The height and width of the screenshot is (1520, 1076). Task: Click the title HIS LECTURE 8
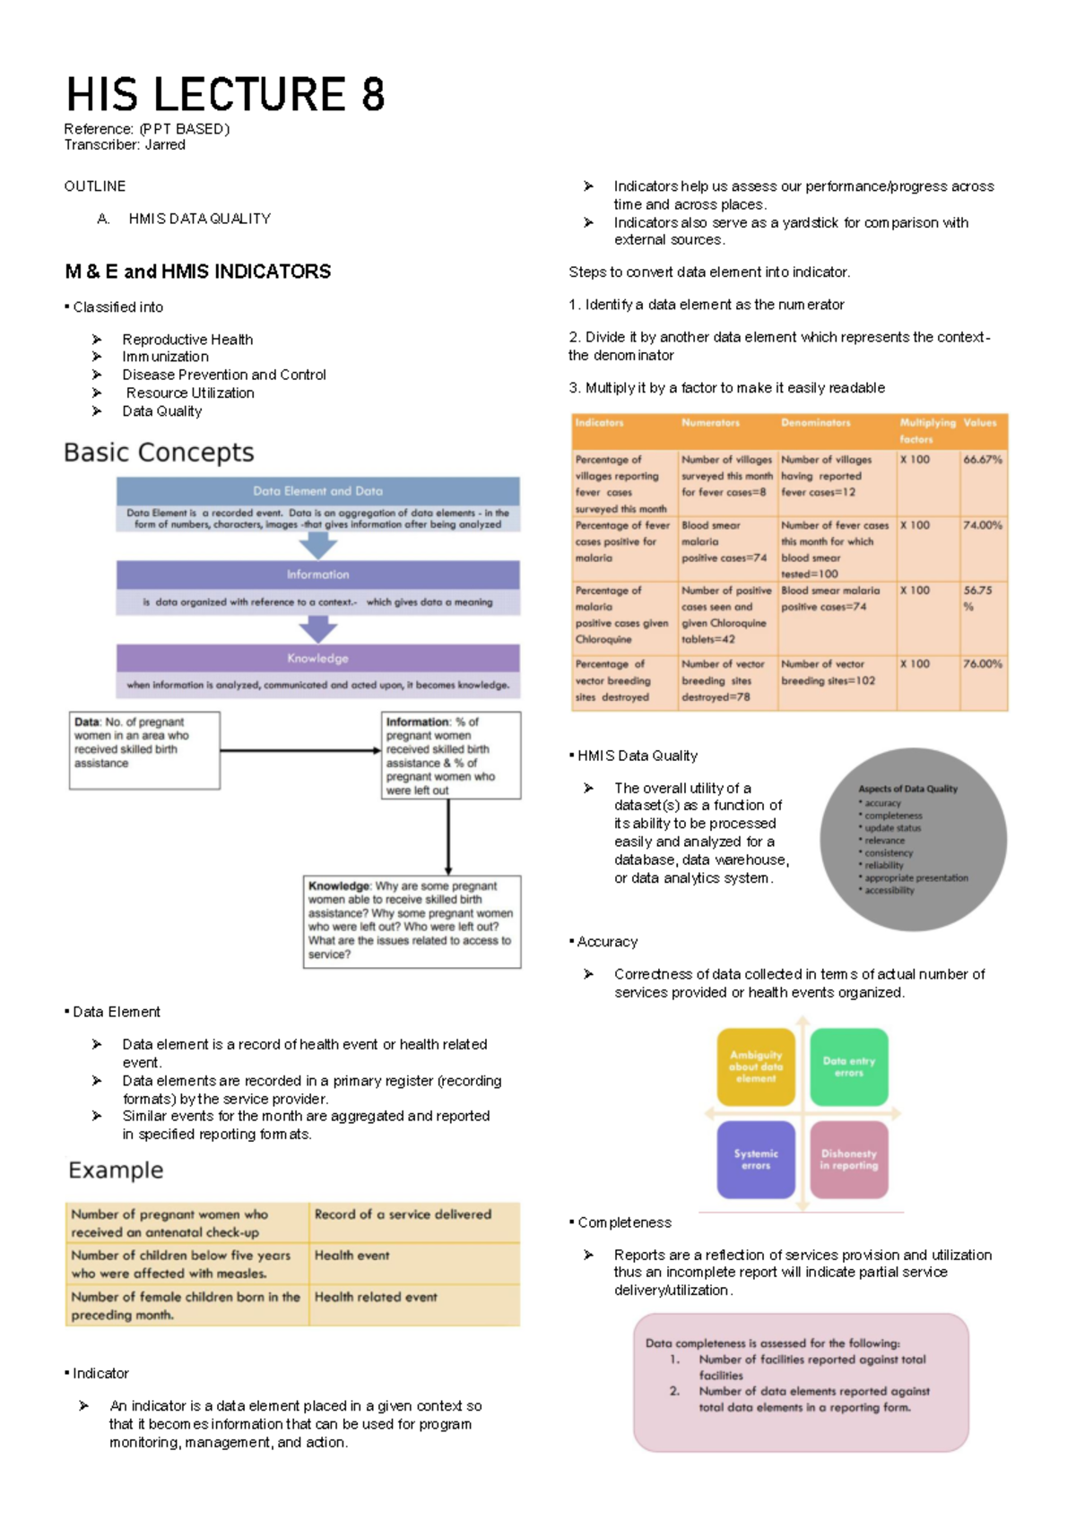[225, 95]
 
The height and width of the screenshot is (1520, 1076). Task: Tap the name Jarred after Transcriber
[165, 145]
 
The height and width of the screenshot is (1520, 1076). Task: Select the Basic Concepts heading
[159, 453]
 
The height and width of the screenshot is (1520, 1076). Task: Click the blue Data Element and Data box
[317, 491]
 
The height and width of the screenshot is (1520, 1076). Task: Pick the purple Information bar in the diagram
[317, 574]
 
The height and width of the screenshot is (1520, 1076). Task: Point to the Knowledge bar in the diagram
[317, 658]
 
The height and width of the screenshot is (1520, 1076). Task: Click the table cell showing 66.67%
[982, 460]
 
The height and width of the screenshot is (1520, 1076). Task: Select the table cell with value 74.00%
[982, 525]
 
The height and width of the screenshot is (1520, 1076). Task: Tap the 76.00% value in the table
[982, 664]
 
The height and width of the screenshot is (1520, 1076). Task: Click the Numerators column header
[710, 423]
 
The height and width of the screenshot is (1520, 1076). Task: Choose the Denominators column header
[815, 423]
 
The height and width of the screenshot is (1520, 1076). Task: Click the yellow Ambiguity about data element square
[756, 1067]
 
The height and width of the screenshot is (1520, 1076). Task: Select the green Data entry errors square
[849, 1067]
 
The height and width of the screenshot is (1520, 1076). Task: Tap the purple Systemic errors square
[756, 1160]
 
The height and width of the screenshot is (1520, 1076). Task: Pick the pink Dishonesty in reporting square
[849, 1160]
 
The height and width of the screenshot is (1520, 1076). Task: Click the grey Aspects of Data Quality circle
[913, 840]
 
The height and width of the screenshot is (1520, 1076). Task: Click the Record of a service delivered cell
[403, 1214]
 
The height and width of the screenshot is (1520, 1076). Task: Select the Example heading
[116, 1170]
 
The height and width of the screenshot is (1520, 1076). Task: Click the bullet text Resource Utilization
[190, 393]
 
